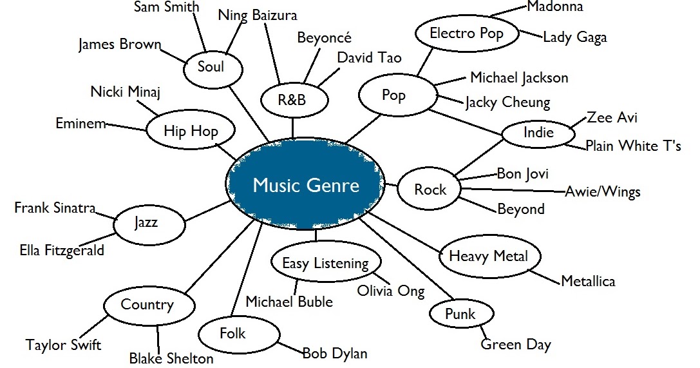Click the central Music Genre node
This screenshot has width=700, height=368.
pos(306,186)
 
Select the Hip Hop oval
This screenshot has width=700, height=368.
pos(191,131)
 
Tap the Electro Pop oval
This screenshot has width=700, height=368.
pos(466,33)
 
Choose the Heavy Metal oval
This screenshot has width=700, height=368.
pos(488,256)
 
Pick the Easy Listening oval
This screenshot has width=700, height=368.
pos(325,263)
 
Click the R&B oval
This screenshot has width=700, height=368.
pos(292,101)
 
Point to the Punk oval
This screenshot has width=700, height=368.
pos(460,314)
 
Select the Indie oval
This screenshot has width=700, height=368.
pos(538,133)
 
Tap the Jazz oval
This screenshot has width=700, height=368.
pos(146,224)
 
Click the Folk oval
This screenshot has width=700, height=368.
pos(232,333)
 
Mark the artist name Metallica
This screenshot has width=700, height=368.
pos(588,281)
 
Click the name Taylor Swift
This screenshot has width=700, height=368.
pos(63,345)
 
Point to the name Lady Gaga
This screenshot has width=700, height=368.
pos(574,37)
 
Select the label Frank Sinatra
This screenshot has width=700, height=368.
pos(55,208)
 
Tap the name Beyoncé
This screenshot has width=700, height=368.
pos(324,37)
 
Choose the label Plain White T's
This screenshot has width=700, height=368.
pos(632,146)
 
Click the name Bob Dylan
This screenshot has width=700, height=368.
pos(335,353)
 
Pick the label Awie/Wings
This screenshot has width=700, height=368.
pos(602,192)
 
